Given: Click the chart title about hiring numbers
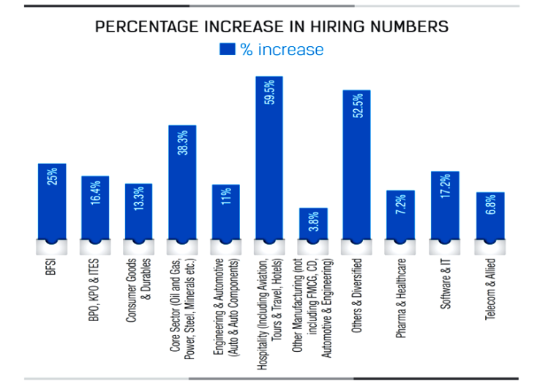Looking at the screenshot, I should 271,28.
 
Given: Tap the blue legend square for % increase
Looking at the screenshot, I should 227,50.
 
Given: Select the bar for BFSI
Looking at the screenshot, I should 52,202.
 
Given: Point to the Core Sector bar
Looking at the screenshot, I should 182,183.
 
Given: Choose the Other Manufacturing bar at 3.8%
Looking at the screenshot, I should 313,224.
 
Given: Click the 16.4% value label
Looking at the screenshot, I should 96,199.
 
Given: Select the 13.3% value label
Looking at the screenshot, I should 139,202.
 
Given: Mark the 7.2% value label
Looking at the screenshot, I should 401,209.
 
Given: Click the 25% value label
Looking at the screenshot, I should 52,177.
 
